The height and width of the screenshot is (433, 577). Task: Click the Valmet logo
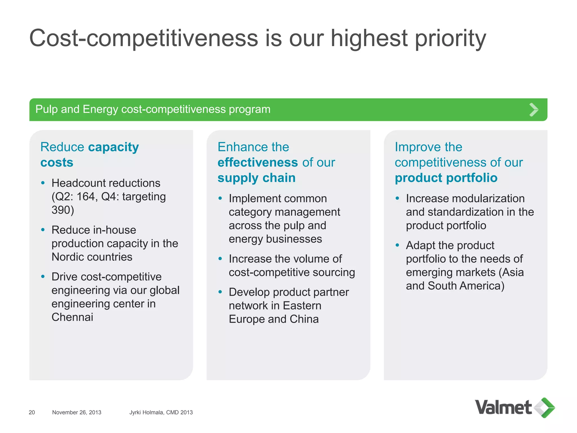pos(514,408)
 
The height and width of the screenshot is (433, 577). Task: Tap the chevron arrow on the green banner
pos(534,110)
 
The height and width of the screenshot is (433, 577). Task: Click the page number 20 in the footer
pos(32,412)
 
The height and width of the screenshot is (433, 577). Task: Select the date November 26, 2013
pos(77,412)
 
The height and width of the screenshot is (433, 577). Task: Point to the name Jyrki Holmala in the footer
pos(147,412)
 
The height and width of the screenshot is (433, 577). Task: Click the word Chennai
pos(72,317)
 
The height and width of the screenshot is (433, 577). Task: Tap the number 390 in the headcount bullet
pos(61,210)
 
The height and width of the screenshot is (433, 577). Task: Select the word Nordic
pos(69,257)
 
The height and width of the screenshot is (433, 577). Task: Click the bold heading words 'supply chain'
pos(256,178)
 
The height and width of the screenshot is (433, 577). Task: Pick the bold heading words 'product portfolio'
pos(446,178)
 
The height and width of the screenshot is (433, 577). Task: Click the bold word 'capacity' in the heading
pos(114,147)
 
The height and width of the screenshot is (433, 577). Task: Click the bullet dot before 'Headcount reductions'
pos(43,183)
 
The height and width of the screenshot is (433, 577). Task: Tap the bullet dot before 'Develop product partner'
pos(220,292)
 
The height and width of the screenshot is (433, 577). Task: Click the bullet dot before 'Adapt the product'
pos(397,245)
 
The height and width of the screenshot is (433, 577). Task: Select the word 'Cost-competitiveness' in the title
pos(144,38)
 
